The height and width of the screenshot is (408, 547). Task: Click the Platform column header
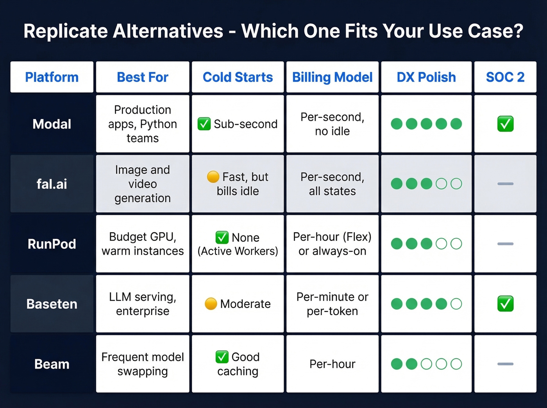coord(52,77)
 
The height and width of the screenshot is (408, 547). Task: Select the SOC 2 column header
coord(505,77)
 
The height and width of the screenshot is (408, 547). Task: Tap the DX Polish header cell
coord(426,77)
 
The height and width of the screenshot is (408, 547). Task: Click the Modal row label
coord(52,124)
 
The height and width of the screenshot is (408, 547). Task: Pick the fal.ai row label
coord(52,184)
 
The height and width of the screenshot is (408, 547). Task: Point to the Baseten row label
coord(52,304)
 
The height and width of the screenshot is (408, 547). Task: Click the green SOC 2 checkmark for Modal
coord(505,124)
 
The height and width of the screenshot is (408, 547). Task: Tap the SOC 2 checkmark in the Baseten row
coord(505,304)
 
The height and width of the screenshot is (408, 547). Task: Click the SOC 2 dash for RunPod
coord(505,244)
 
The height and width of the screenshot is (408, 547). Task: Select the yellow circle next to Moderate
coord(211,304)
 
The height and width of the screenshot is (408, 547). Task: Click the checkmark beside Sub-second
coord(204,124)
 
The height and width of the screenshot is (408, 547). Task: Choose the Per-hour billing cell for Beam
coord(332,364)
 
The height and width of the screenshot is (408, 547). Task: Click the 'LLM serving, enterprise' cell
coord(143,304)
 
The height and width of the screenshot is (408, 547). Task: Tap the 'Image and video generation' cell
coord(143,184)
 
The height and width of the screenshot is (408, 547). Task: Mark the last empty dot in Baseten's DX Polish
coord(456,304)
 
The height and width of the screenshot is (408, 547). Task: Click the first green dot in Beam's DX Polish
coord(397,364)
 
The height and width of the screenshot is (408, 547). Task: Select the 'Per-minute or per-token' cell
coord(332,304)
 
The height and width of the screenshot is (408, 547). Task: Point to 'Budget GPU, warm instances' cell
coord(143,244)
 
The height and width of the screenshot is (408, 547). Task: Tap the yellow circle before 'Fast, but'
coord(213,177)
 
